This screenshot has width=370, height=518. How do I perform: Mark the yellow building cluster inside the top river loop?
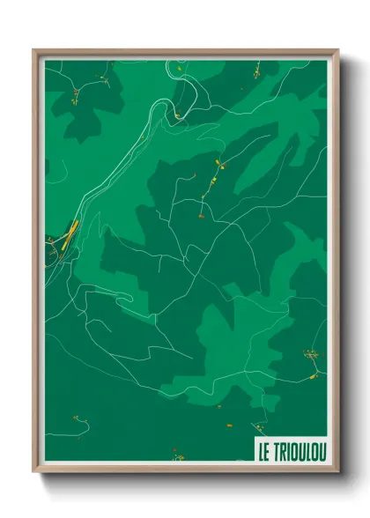pos(177,115)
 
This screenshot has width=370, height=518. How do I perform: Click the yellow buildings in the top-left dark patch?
pos(78,92)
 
